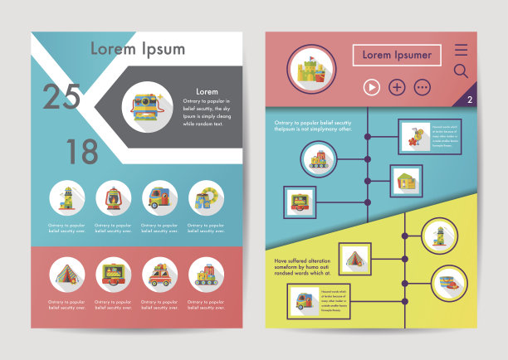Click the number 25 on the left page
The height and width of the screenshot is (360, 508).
[61, 97]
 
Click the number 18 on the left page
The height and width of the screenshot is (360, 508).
[81, 151]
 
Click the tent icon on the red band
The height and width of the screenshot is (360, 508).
[66, 273]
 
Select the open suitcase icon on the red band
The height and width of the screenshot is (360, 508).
[113, 273]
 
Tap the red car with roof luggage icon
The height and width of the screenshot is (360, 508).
[159, 273]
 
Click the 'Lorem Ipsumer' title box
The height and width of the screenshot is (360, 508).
[397, 56]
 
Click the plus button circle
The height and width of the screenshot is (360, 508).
[397, 86]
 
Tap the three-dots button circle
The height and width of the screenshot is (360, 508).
[423, 86]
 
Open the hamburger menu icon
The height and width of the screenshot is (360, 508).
[461, 50]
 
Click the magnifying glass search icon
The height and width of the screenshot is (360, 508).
[461, 71]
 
